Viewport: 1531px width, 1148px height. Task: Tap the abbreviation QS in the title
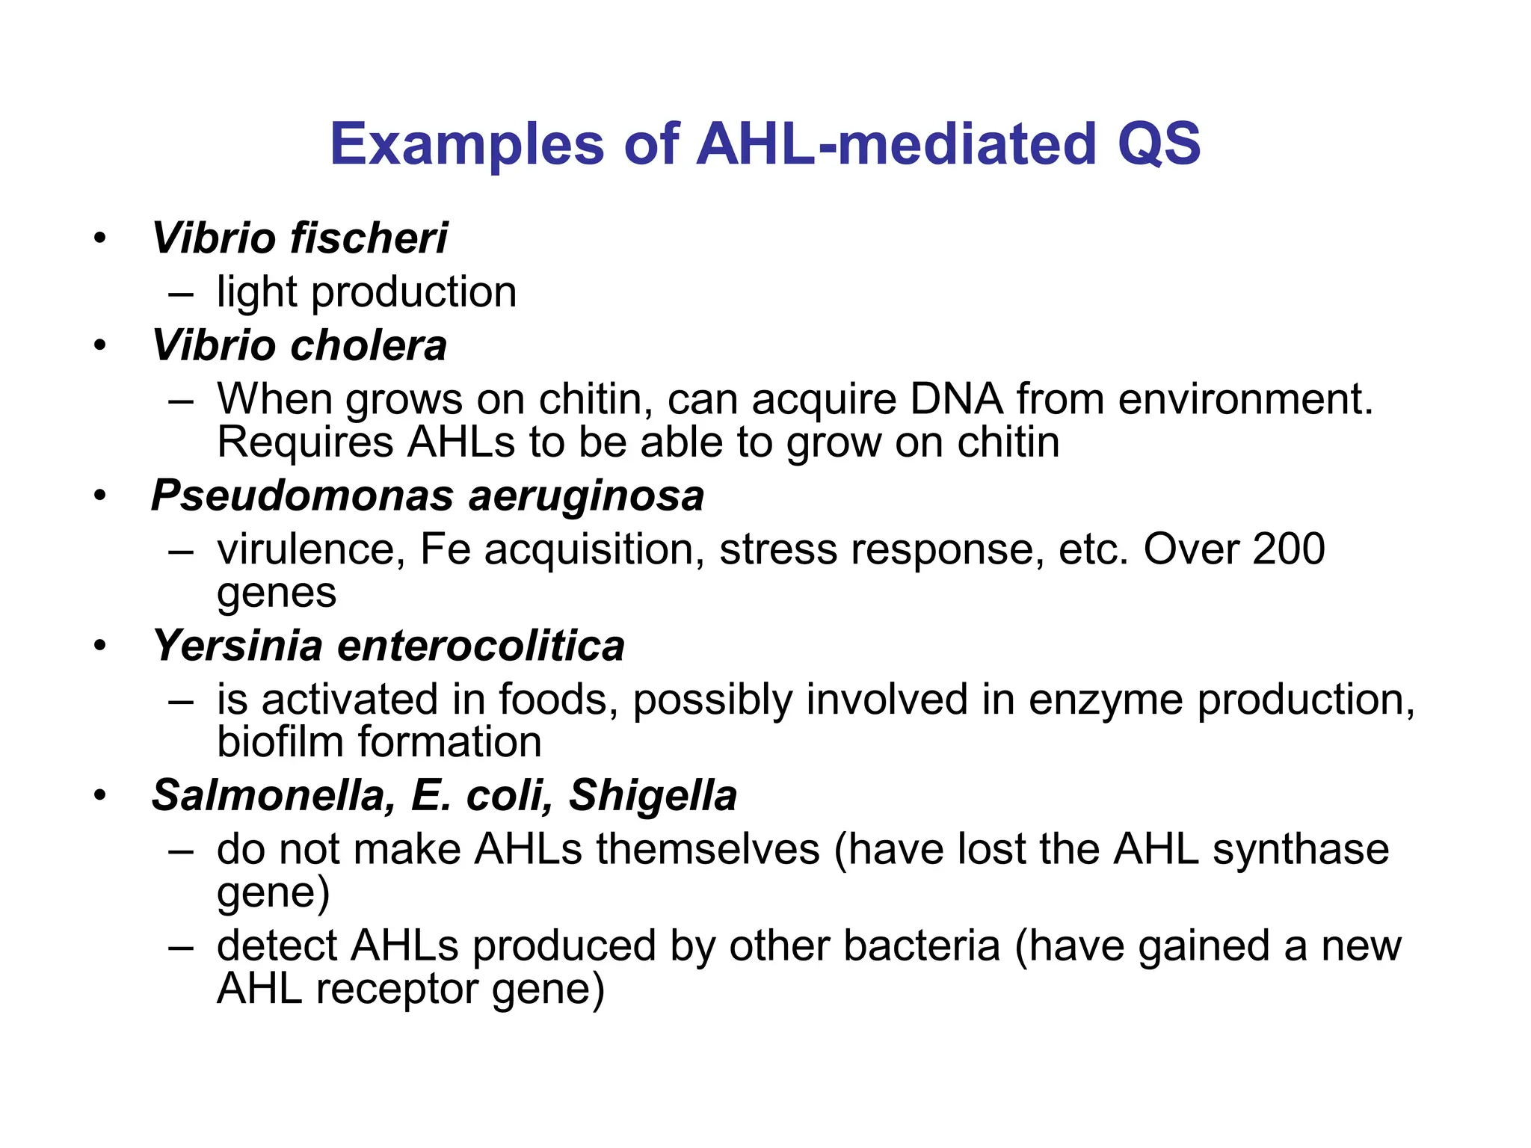[x=1158, y=143]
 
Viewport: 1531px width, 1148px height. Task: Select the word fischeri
[x=369, y=238]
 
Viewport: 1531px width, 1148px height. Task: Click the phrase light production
[x=366, y=292]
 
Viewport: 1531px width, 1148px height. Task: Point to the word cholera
[x=368, y=346]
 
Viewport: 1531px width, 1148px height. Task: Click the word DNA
[x=956, y=399]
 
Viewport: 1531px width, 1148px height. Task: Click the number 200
[x=1288, y=549]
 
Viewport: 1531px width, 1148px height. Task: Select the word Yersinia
[x=237, y=646]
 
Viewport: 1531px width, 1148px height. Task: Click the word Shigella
[x=653, y=795]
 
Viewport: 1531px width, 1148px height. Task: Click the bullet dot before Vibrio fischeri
[x=100, y=239]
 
